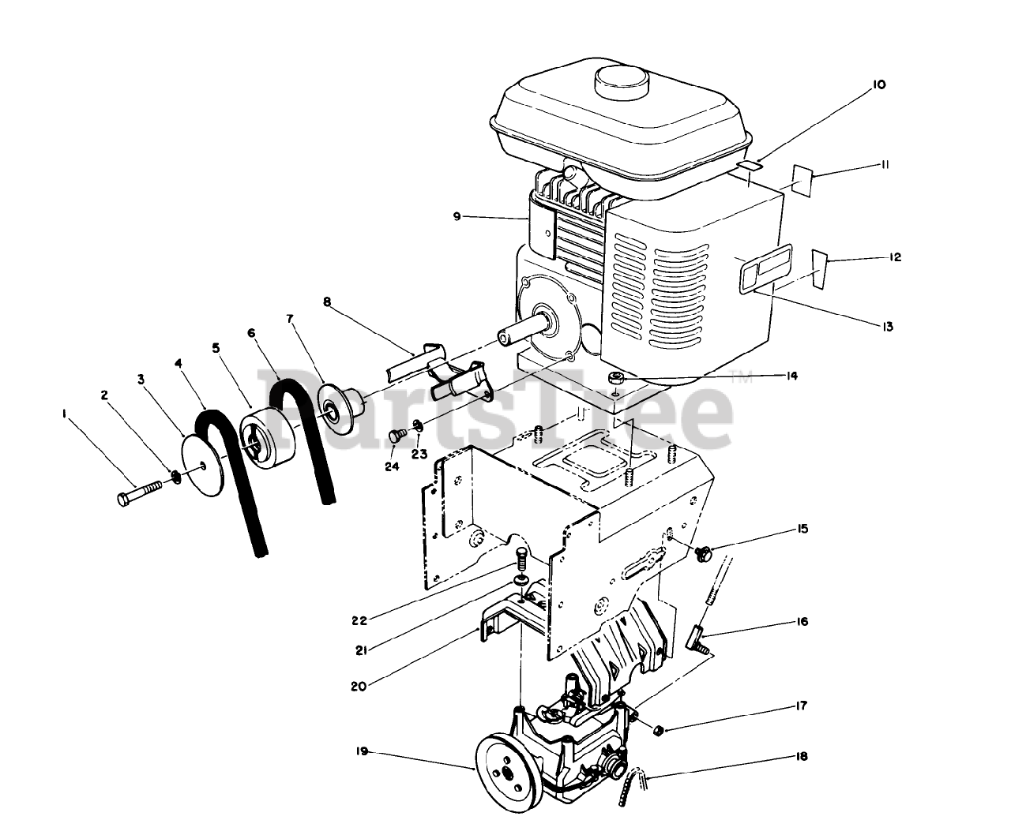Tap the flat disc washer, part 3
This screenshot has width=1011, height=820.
pyautogui.click(x=201, y=467)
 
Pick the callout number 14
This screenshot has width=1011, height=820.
pyautogui.click(x=791, y=376)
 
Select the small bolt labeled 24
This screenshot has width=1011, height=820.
pyautogui.click(x=397, y=436)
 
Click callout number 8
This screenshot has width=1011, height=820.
pyautogui.click(x=327, y=301)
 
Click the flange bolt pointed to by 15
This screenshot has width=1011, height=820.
pyautogui.click(x=701, y=554)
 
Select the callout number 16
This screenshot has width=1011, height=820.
pyautogui.click(x=802, y=622)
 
